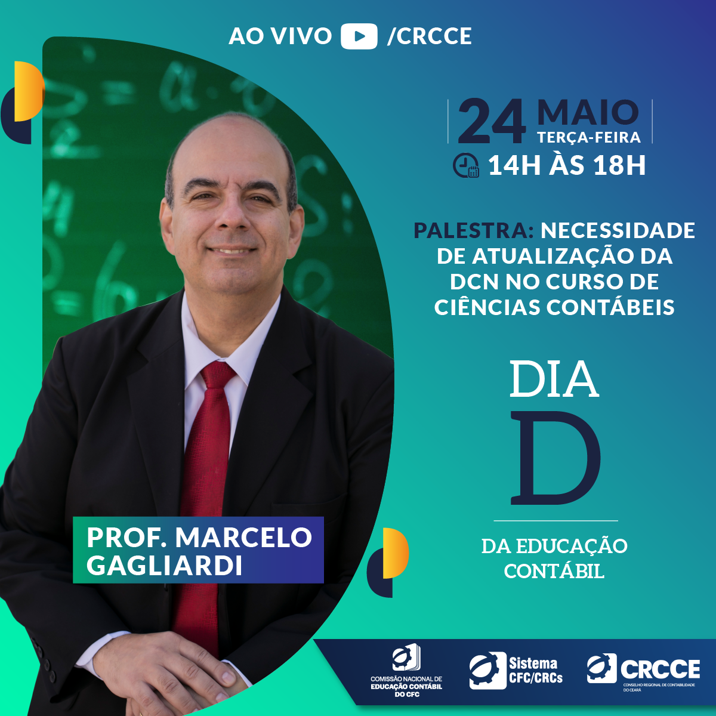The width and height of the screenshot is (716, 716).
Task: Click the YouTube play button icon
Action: coord(359,36)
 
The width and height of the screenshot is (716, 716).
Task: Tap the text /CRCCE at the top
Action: coord(429,36)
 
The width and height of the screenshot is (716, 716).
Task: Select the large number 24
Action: coord(492,122)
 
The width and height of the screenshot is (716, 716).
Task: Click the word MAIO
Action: coord(588,112)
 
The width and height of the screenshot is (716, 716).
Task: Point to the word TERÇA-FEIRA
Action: coord(589,137)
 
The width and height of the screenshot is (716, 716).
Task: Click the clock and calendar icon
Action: coord(466,165)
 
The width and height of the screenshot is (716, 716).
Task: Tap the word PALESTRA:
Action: coord(474,230)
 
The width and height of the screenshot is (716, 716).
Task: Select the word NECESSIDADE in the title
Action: coord(618,230)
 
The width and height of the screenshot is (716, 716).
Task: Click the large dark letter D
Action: coord(555,458)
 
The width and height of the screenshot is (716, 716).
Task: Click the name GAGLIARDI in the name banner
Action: coord(164,565)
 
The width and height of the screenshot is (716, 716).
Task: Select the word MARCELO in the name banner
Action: coord(243,537)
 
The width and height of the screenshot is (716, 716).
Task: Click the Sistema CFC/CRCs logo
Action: coord(516,670)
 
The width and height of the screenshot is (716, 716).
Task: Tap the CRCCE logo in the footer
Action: coord(643,670)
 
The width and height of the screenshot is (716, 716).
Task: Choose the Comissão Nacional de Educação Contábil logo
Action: coord(406,671)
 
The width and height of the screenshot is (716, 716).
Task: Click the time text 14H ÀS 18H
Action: coord(567,165)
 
